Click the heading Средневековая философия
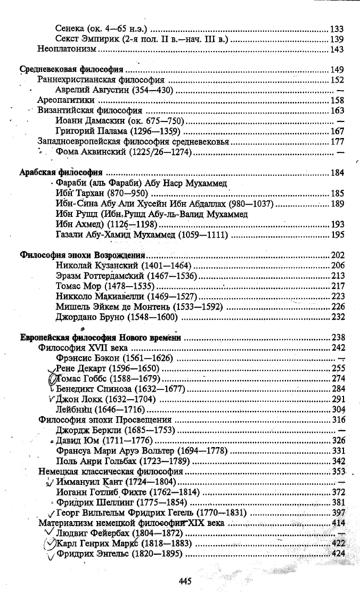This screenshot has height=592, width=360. pos(71,69)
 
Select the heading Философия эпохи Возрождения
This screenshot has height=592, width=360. pos(83,255)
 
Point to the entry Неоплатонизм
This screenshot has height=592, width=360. pos(67,50)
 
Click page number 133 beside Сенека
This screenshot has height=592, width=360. pos(337,29)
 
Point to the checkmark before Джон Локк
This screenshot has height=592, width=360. pos(51,399)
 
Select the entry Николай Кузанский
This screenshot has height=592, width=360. pos(96,265)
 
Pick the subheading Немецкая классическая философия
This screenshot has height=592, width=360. pos(111,472)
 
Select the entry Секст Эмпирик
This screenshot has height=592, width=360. pos(92,39)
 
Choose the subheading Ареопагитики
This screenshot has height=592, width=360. pos(66,100)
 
